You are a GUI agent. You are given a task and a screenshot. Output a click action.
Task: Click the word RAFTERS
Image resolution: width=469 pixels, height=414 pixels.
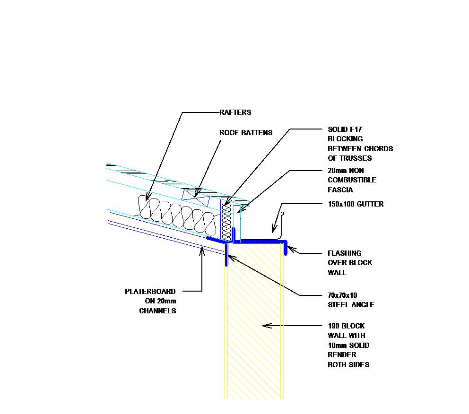[x=235, y=112]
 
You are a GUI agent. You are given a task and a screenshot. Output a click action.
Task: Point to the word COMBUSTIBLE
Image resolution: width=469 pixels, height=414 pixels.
[x=352, y=180]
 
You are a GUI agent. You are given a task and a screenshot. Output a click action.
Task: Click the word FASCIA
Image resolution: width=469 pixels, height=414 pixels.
[x=340, y=190]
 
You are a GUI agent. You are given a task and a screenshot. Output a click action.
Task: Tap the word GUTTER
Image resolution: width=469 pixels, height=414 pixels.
[x=371, y=204]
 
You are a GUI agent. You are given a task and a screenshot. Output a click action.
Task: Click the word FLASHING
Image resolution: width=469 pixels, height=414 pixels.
[x=344, y=253]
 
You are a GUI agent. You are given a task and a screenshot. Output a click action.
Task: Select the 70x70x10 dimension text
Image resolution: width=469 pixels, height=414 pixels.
[x=342, y=295]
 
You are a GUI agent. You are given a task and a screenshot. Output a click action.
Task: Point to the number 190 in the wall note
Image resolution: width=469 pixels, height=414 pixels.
[x=334, y=326]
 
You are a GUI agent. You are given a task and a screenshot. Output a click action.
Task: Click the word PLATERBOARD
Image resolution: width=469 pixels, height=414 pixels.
[x=150, y=292]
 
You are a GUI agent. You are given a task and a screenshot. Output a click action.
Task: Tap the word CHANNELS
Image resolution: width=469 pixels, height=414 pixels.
[x=157, y=311]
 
